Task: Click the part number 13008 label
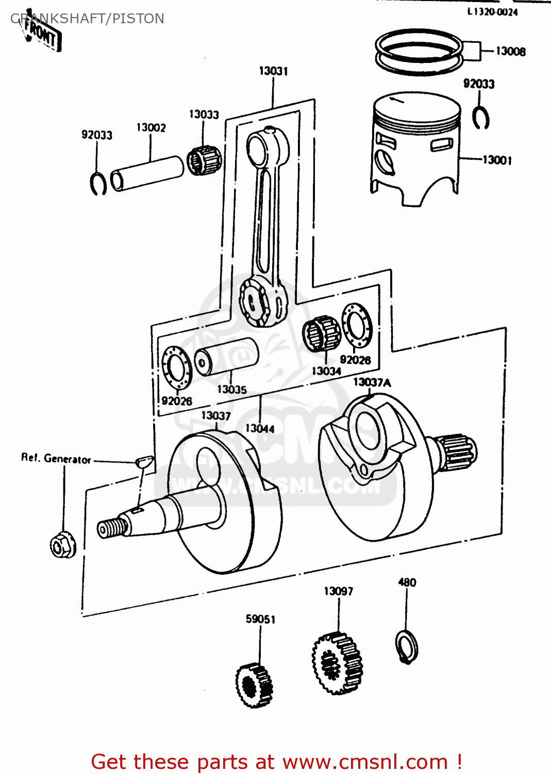tap(510, 51)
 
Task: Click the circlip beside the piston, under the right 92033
tap(481, 118)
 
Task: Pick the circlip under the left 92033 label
tap(98, 183)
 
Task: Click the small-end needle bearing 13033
tap(205, 160)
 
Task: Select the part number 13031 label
tap(273, 71)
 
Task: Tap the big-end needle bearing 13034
tap(321, 334)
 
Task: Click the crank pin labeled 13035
tap(226, 357)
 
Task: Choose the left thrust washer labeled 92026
tap(177, 367)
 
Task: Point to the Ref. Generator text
tap(56, 458)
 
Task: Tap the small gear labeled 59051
tap(255, 685)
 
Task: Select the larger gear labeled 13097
tap(337, 663)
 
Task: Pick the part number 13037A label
tap(372, 382)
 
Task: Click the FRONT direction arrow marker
tap(41, 34)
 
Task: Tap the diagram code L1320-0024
tap(492, 12)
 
